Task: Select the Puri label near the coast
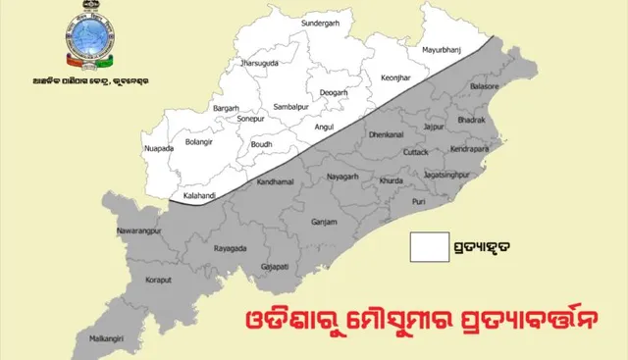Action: click(x=420, y=202)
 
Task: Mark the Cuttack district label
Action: click(x=416, y=153)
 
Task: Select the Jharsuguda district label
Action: click(x=260, y=63)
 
